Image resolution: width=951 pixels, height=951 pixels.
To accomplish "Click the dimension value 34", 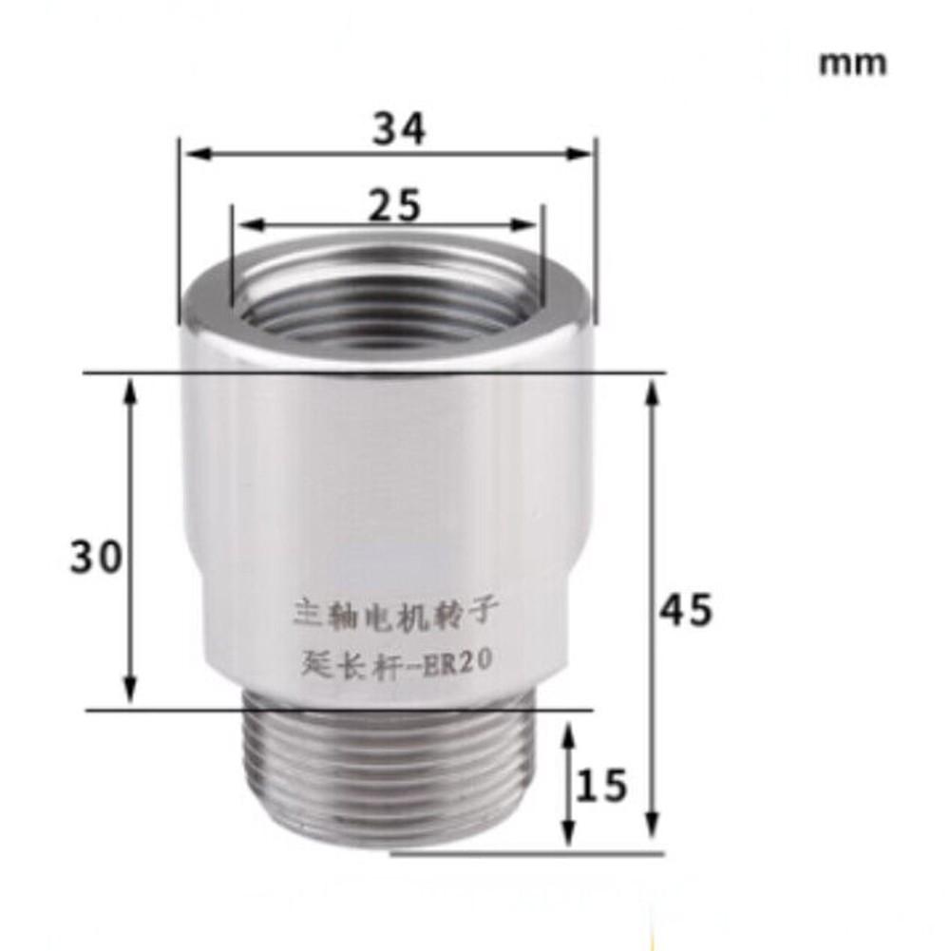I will tap(398, 128).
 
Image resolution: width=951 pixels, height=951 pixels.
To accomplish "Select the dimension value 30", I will tap(96, 557).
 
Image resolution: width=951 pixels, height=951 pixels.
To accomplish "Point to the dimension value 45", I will tap(685, 611).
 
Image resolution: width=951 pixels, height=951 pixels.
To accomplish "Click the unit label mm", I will tap(852, 64).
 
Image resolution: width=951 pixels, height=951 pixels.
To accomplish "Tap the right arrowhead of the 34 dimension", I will tap(583, 153).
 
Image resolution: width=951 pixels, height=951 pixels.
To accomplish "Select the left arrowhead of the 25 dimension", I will tap(243, 225).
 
